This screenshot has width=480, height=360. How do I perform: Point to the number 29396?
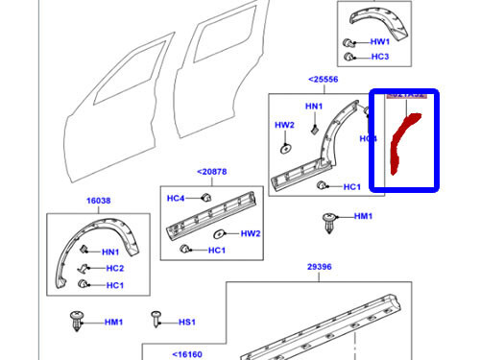click(319, 267)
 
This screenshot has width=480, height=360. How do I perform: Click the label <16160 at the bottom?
click(187, 353)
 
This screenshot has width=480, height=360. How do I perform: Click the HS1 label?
click(186, 322)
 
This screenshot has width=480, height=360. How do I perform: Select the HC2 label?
click(114, 268)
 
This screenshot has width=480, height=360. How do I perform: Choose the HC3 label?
click(380, 57)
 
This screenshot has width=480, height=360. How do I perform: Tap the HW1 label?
click(380, 42)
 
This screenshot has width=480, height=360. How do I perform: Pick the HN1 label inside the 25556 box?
click(314, 106)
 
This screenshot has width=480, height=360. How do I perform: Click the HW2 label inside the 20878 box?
click(250, 233)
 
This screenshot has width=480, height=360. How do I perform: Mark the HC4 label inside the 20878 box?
click(176, 199)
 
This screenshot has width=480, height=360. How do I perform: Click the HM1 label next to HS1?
click(113, 322)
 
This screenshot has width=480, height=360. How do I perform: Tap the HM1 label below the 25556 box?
click(363, 217)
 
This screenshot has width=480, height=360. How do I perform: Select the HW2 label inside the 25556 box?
click(286, 125)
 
